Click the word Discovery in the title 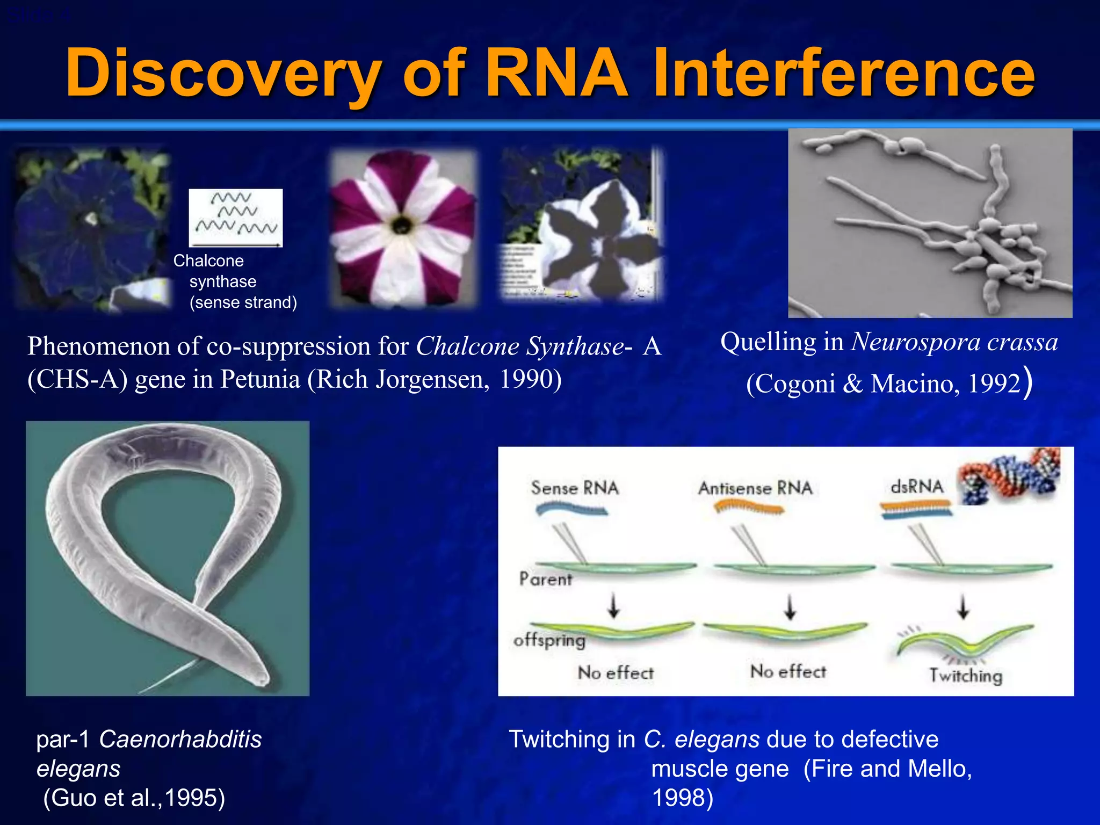click(x=223, y=74)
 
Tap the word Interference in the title click(x=843, y=74)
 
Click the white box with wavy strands click(x=235, y=218)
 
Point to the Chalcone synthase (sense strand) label click(x=235, y=281)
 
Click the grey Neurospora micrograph click(x=930, y=223)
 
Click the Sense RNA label click(x=575, y=488)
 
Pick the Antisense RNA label click(x=755, y=488)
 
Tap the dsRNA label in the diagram click(x=916, y=486)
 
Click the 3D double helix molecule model click(x=1010, y=476)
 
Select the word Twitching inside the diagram click(x=966, y=675)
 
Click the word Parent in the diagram click(x=545, y=579)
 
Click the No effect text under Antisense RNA click(x=788, y=671)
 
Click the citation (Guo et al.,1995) click(x=134, y=798)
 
